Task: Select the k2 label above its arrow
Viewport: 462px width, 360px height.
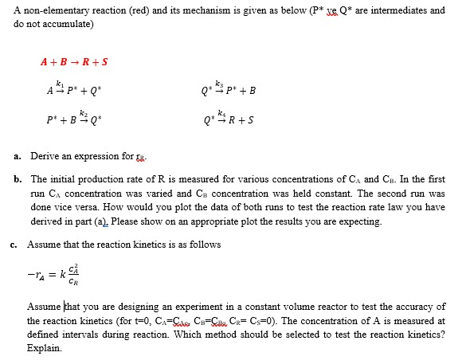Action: tap(77, 113)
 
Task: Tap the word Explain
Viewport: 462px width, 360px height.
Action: tap(44, 348)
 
